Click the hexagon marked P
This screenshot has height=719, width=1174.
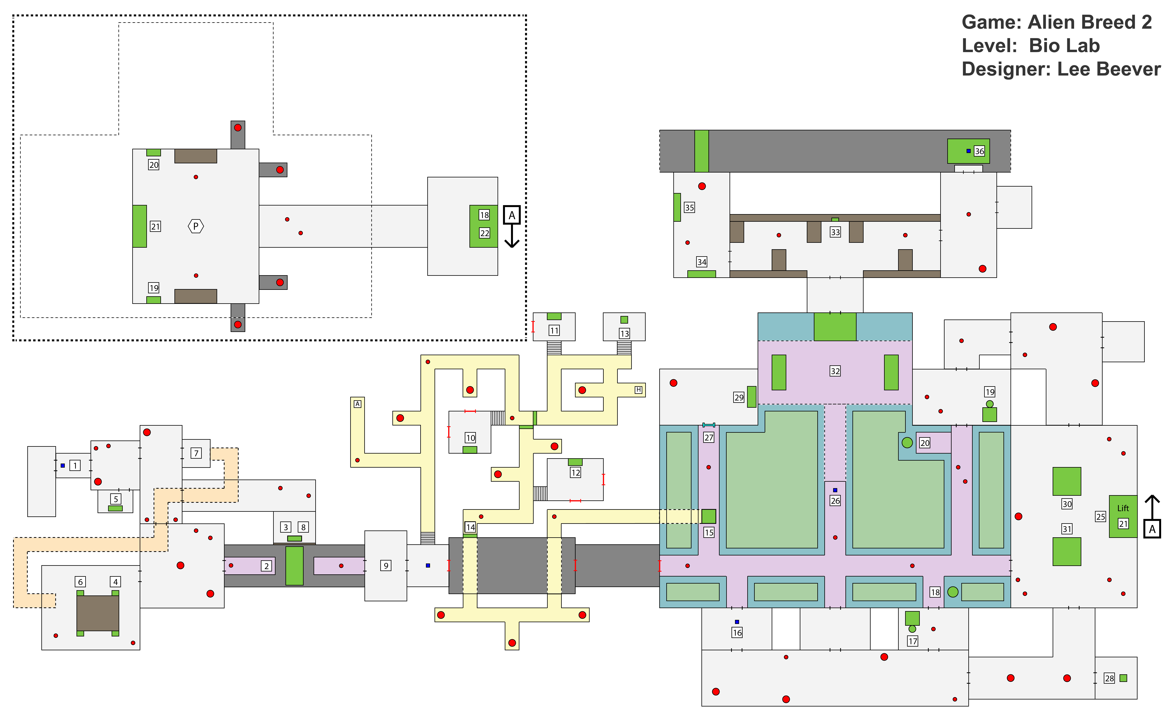196,226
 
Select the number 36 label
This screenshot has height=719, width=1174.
979,151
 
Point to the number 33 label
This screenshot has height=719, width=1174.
835,232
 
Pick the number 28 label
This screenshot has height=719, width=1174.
1109,678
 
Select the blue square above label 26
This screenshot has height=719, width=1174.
835,490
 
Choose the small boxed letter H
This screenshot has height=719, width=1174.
638,390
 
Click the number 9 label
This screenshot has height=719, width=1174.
386,566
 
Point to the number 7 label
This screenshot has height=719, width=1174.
196,453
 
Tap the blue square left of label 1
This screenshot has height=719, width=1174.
62,465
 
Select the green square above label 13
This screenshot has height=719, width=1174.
624,320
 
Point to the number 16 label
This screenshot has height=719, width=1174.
737,633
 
